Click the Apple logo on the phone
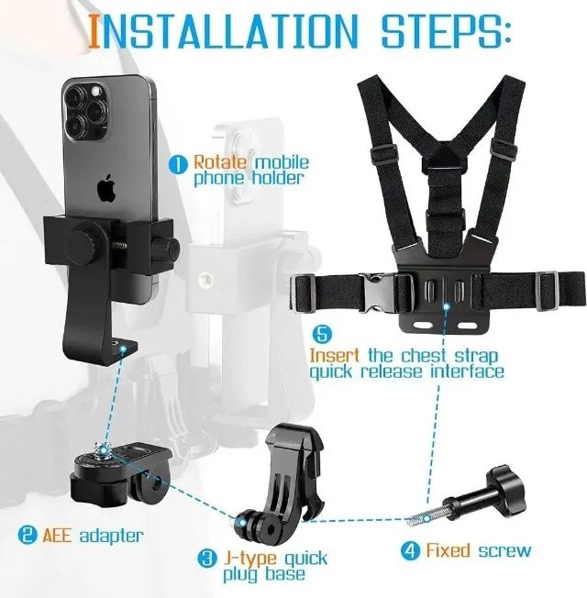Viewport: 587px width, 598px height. pos(106,189)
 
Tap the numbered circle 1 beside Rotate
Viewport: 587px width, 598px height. pos(177,165)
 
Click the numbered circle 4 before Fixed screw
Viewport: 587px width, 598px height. pos(410,551)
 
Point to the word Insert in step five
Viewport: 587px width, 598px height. pos(338,355)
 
